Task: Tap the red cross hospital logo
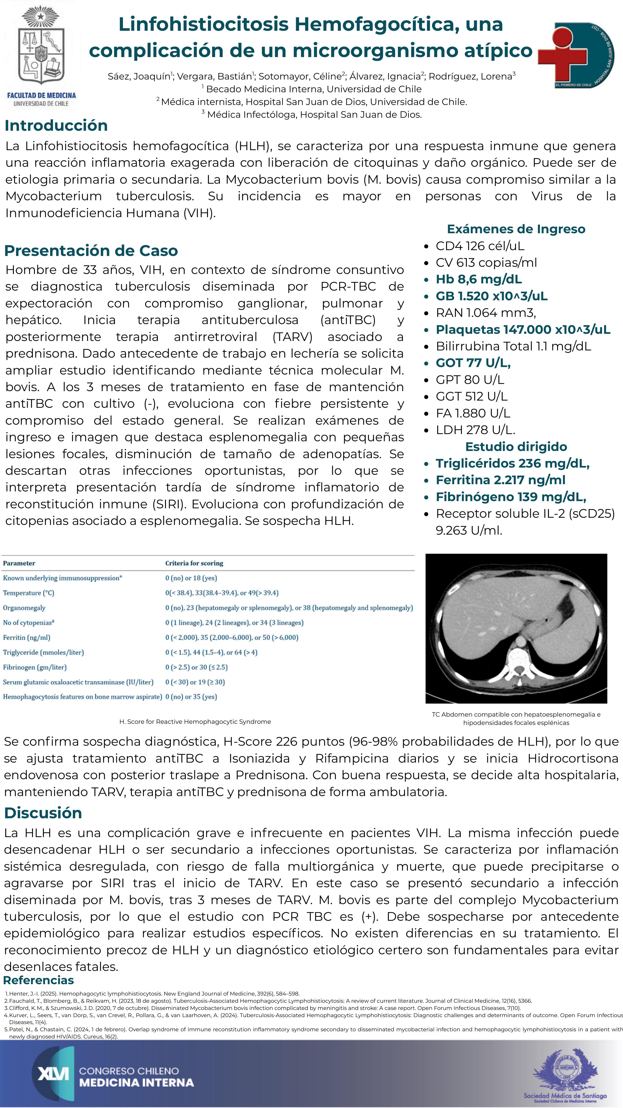pos(575,55)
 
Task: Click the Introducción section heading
pos(56,125)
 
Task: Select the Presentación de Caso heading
pos(91,250)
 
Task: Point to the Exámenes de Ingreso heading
pos(516,229)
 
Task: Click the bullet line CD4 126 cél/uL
pos(480,246)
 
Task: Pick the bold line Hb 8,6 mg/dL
pos(478,279)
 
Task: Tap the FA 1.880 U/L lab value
pos(473,413)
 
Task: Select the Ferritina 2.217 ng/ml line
pos(500,480)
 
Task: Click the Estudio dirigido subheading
pos(516,447)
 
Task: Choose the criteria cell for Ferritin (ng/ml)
pos(232,637)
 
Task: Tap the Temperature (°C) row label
pos(28,593)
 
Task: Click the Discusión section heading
pos(43,813)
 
